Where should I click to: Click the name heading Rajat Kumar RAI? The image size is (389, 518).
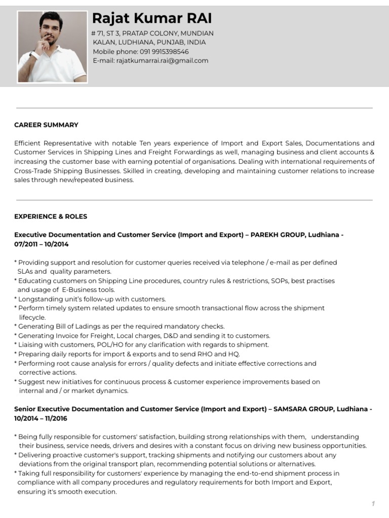click(152, 19)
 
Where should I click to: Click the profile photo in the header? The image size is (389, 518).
click(52, 47)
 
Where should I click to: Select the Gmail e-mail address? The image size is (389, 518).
click(162, 61)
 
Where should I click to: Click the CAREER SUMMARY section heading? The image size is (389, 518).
click(46, 125)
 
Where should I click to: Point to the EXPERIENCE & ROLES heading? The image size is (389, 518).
click(51, 217)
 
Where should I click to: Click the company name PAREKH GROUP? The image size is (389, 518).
click(277, 235)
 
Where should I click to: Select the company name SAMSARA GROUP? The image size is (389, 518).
click(303, 409)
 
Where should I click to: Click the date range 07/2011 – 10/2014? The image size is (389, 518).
click(42, 244)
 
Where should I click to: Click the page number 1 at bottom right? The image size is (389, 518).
click(373, 504)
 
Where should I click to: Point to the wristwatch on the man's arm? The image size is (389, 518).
click(32, 55)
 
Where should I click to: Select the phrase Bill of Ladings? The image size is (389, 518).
click(69, 327)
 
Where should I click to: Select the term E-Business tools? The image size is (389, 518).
click(88, 290)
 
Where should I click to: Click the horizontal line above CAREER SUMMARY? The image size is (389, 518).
click(194, 108)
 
